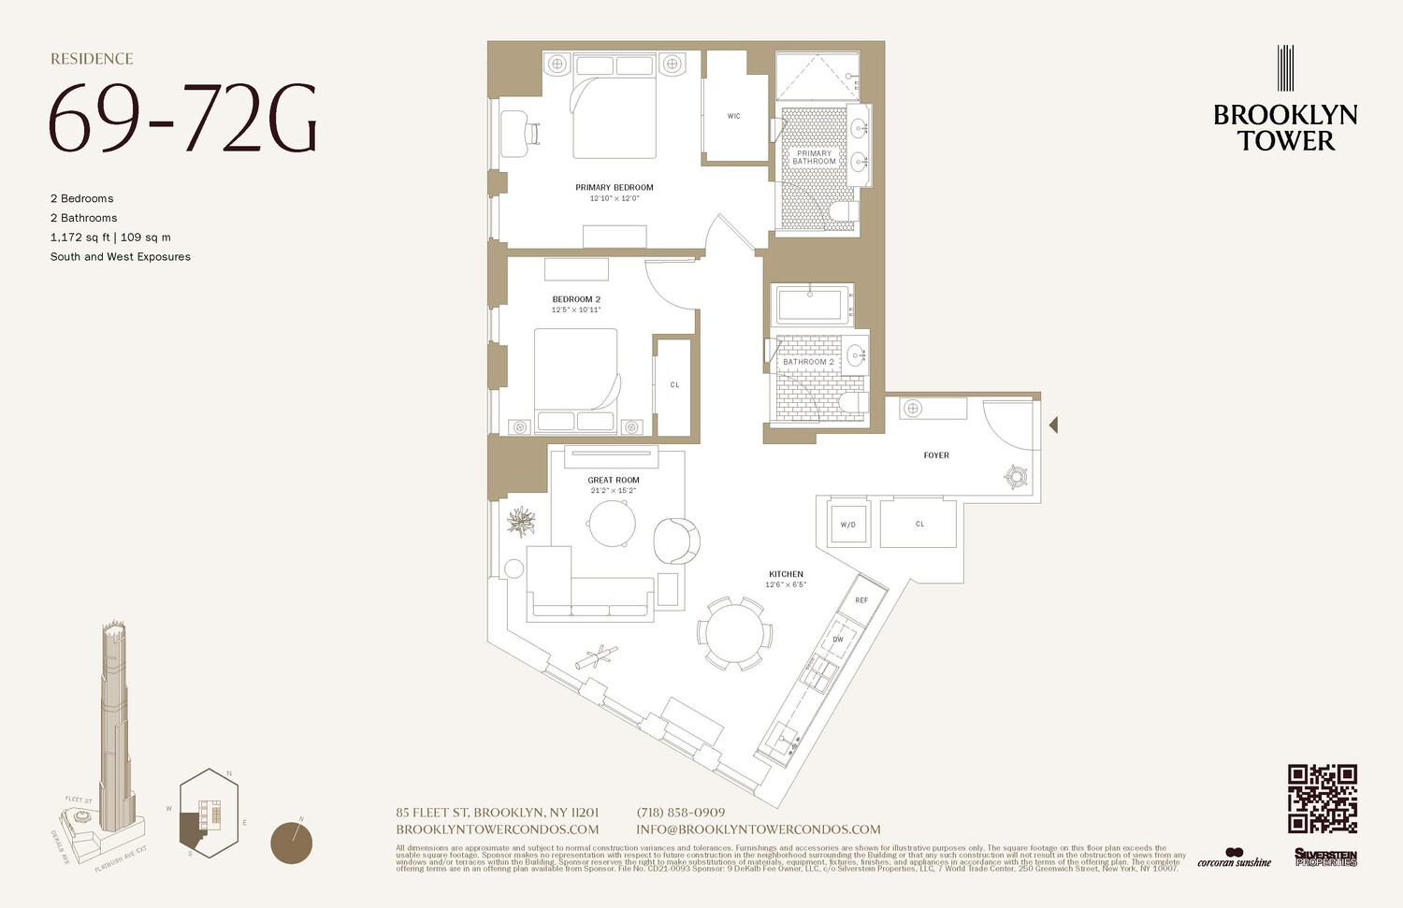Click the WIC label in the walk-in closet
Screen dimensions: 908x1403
733,116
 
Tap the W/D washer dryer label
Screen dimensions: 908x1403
847,525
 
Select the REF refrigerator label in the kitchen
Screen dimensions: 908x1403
861,600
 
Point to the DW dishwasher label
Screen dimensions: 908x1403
838,640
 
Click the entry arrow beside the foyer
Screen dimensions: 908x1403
1053,425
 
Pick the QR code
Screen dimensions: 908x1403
1322,798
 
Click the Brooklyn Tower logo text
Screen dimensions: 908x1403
1285,127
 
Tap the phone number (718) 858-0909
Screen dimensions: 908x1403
680,813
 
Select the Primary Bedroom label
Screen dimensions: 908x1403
615,187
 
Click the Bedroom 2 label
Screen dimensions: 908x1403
576,299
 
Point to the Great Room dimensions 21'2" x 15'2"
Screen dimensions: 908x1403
614,490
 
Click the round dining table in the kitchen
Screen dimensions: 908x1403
735,634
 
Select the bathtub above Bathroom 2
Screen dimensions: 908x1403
812,306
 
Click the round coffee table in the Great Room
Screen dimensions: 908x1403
613,524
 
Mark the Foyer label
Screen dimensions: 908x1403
936,455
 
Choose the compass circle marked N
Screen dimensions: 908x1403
291,843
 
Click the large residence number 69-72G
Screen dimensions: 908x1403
183,119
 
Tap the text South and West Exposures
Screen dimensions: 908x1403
121,256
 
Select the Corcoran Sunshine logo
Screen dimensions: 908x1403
1234,858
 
